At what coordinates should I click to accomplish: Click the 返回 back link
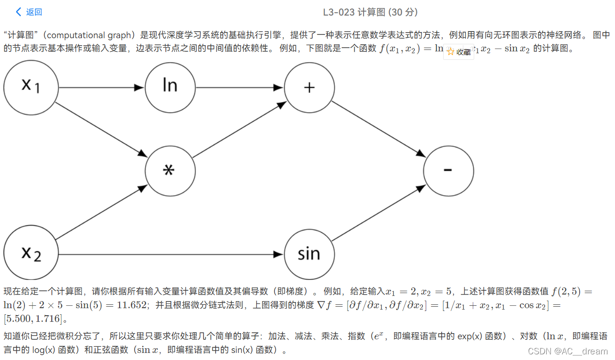click(x=29, y=12)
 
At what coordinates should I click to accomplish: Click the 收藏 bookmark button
click(x=459, y=52)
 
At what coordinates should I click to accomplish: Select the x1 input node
click(x=31, y=88)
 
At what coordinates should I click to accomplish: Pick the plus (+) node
click(x=309, y=88)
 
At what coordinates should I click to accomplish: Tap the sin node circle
click(x=309, y=254)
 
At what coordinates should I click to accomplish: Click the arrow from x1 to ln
click(x=101, y=88)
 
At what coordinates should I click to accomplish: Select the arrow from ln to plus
click(x=240, y=88)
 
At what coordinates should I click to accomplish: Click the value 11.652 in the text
click(x=132, y=305)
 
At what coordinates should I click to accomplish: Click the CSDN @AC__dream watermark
click(x=568, y=351)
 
